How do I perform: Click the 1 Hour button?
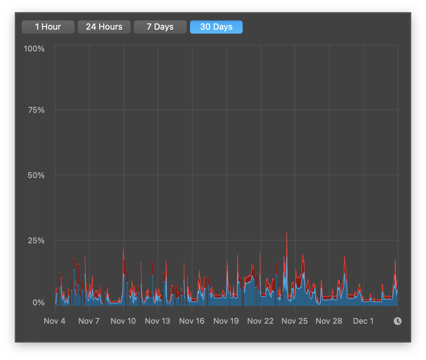[48, 27]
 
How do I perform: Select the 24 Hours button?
[104, 27]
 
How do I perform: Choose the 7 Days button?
[160, 27]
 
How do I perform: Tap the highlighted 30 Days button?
[216, 27]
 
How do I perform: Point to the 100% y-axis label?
[34, 49]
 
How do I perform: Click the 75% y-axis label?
[36, 110]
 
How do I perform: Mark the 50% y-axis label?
[36, 175]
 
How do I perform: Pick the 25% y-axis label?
[36, 241]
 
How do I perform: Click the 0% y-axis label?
[38, 303]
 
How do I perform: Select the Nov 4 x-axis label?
[55, 321]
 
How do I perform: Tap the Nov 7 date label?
[89, 321]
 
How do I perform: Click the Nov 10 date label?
[123, 321]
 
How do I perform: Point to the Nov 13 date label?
[158, 321]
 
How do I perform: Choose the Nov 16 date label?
[192, 321]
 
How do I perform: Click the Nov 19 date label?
[226, 321]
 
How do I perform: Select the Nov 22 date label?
[260, 321]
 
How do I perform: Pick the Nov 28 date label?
[329, 321]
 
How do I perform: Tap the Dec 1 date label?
[363, 321]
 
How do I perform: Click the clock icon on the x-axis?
[398, 321]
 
